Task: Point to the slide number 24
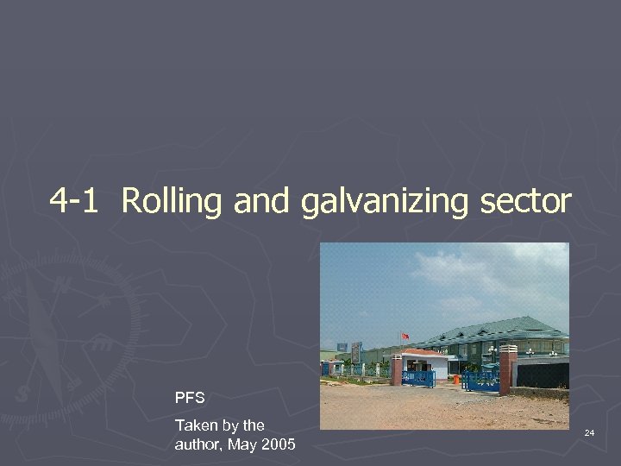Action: tap(589, 431)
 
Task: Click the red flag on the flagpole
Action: tap(404, 335)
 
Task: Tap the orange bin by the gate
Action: tap(455, 379)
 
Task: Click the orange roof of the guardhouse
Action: tap(423, 353)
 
